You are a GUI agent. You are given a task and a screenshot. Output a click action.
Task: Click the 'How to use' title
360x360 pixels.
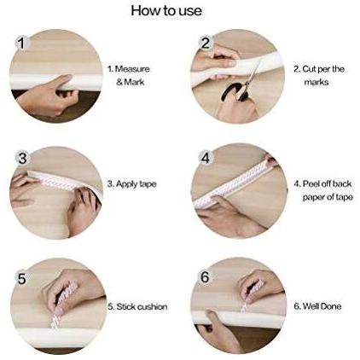[x=166, y=11]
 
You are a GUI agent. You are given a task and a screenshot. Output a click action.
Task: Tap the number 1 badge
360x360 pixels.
[x=22, y=44]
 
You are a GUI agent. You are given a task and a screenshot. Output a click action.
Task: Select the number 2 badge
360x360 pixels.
[x=206, y=43]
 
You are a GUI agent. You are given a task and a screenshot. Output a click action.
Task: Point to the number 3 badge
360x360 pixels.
[x=22, y=158]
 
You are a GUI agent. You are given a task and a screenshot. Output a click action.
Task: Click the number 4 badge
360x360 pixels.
[x=206, y=158]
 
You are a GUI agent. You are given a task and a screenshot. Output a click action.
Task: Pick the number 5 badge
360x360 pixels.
[x=22, y=278]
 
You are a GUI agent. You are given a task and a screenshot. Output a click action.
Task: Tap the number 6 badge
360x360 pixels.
[x=205, y=276]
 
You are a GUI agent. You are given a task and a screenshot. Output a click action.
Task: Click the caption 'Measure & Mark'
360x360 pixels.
[x=129, y=75]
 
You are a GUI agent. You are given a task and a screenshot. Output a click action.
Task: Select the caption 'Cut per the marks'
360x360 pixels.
[x=319, y=75]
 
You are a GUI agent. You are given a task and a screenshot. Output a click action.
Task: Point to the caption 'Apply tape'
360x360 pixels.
[x=132, y=184]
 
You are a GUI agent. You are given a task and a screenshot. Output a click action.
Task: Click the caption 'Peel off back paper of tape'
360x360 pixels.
[x=323, y=190]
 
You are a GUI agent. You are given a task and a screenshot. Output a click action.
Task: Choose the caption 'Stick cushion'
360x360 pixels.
[x=137, y=306]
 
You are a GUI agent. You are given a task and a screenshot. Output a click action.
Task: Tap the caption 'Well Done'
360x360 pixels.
[x=317, y=306]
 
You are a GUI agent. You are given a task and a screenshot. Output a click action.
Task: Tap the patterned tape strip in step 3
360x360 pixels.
[x=57, y=183]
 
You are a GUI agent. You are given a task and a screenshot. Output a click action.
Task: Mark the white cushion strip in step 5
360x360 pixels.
[x=56, y=337]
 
